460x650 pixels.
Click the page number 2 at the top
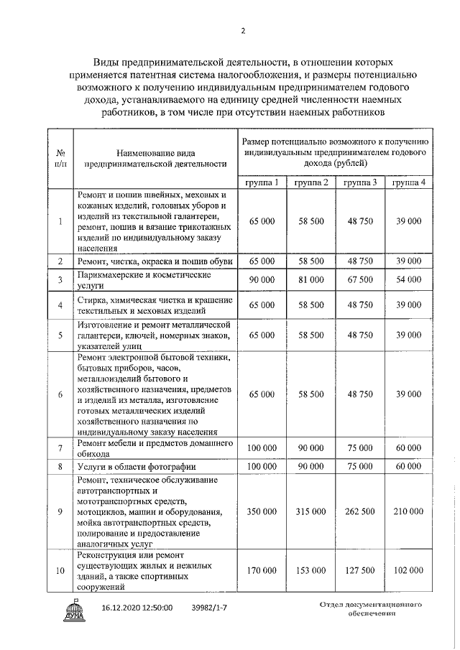[243, 31]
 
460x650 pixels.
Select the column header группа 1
[262, 182]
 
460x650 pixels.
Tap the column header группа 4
[408, 182]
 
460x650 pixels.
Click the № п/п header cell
[60, 158]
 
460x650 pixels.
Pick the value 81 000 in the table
[311, 279]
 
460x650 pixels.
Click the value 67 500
[359, 279]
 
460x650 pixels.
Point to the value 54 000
[408, 279]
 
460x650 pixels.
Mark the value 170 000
[262, 570]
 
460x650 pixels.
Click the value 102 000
[408, 570]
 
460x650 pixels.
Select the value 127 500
[359, 570]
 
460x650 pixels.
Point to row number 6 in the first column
[60, 394]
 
